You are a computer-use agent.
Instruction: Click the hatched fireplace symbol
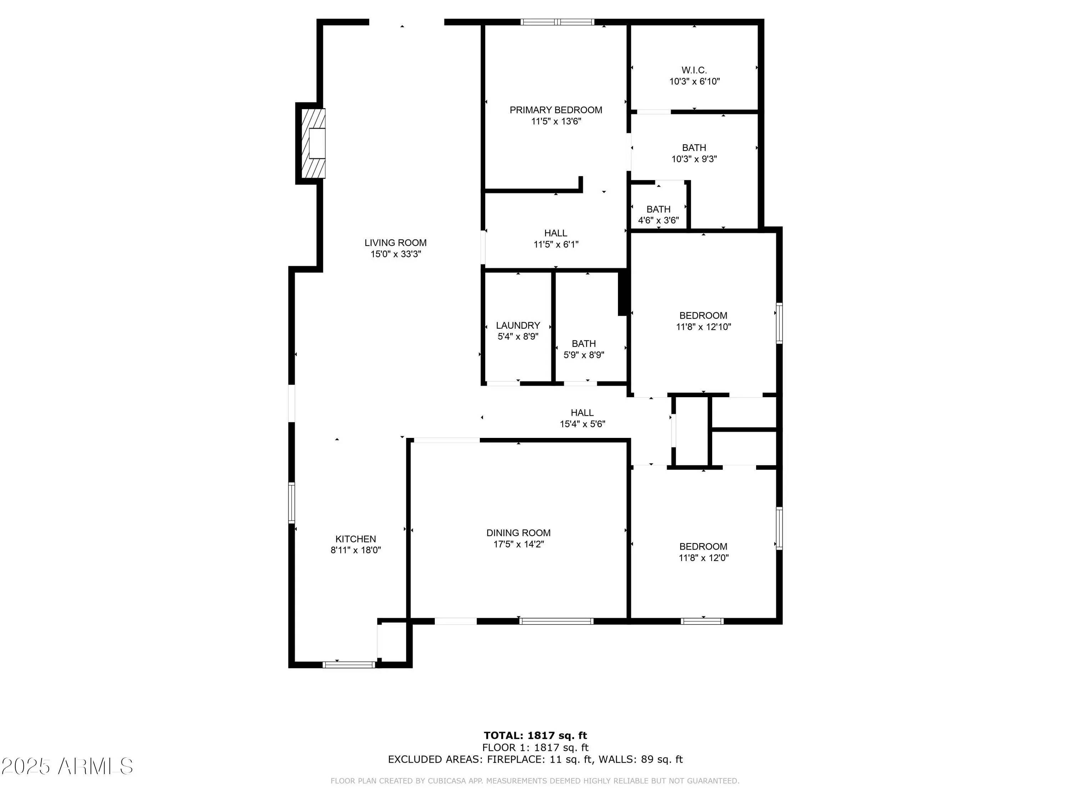pos(313,143)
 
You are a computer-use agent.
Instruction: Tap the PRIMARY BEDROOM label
pos(556,110)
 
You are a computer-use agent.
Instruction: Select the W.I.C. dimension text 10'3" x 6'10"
pos(694,82)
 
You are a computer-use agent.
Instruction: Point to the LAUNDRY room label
pos(518,325)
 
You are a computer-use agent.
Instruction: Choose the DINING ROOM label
pos(518,533)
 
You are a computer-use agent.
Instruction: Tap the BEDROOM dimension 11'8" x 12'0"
pos(703,557)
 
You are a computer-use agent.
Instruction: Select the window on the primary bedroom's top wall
pos(557,22)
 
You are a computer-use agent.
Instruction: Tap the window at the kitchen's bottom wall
pos(348,665)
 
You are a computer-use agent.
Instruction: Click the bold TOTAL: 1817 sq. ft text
pos(535,736)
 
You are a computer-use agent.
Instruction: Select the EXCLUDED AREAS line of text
pos(535,759)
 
